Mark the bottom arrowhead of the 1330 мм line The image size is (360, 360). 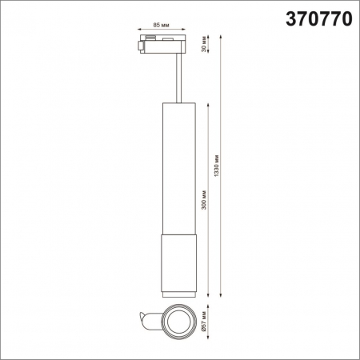[221, 294]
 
